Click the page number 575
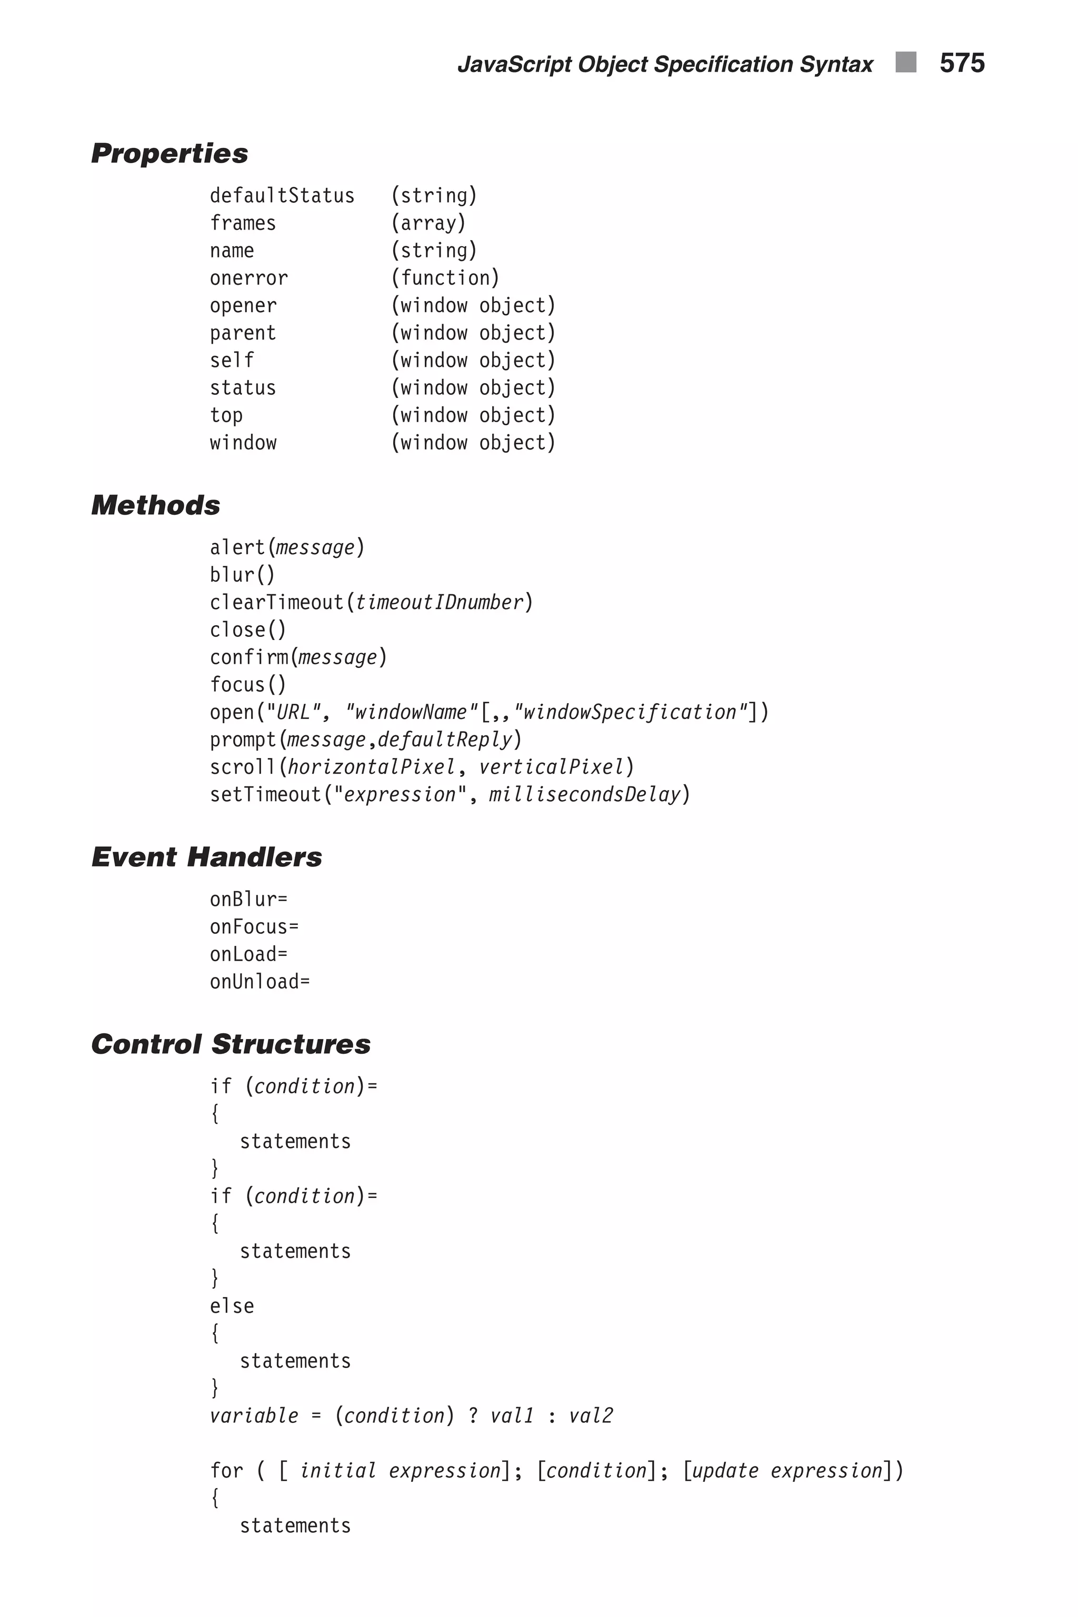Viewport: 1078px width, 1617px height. [x=962, y=63]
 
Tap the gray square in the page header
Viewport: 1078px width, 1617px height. [x=905, y=62]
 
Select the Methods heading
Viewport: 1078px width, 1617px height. [x=155, y=505]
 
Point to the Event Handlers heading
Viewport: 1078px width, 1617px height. [x=206, y=857]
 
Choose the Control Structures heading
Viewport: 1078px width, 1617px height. [x=231, y=1044]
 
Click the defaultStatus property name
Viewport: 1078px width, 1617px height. [x=282, y=196]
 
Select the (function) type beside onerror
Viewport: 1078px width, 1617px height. [x=445, y=278]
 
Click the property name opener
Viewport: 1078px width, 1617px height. [x=243, y=306]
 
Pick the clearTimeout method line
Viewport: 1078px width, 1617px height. [x=371, y=603]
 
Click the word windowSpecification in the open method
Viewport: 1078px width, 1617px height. [x=629, y=712]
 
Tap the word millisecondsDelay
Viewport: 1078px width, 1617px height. [x=584, y=795]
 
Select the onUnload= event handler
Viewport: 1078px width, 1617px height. [x=260, y=982]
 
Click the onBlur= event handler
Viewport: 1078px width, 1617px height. [x=248, y=899]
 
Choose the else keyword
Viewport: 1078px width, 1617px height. [x=232, y=1306]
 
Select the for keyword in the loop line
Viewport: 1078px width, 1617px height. [x=226, y=1471]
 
